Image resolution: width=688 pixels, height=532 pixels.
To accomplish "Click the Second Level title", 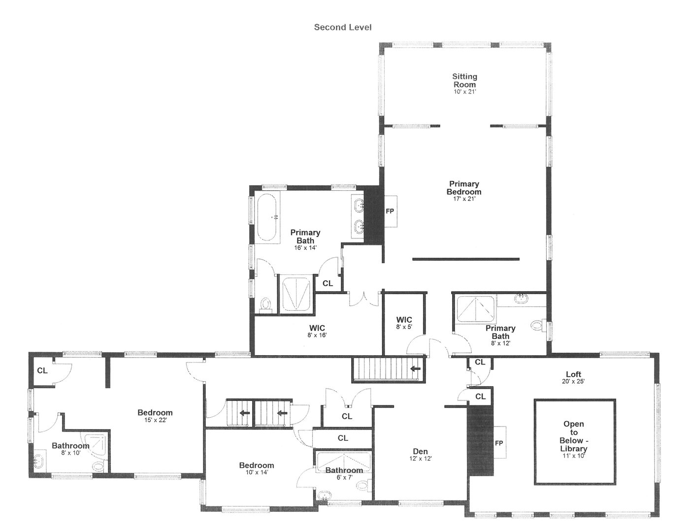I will click(343, 27).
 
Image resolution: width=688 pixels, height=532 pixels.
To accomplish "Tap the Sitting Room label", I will click(464, 80).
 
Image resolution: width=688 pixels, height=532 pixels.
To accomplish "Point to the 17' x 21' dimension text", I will click(464, 199).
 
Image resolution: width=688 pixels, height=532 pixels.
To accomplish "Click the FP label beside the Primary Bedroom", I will click(390, 211).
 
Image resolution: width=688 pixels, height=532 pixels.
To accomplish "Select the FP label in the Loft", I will click(499, 443).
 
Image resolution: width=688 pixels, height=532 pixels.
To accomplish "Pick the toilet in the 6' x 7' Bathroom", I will click(363, 486).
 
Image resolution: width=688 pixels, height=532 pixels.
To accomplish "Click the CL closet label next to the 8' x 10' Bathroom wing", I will click(42, 370).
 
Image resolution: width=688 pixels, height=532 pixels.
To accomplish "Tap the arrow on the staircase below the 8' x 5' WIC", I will click(416, 368).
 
